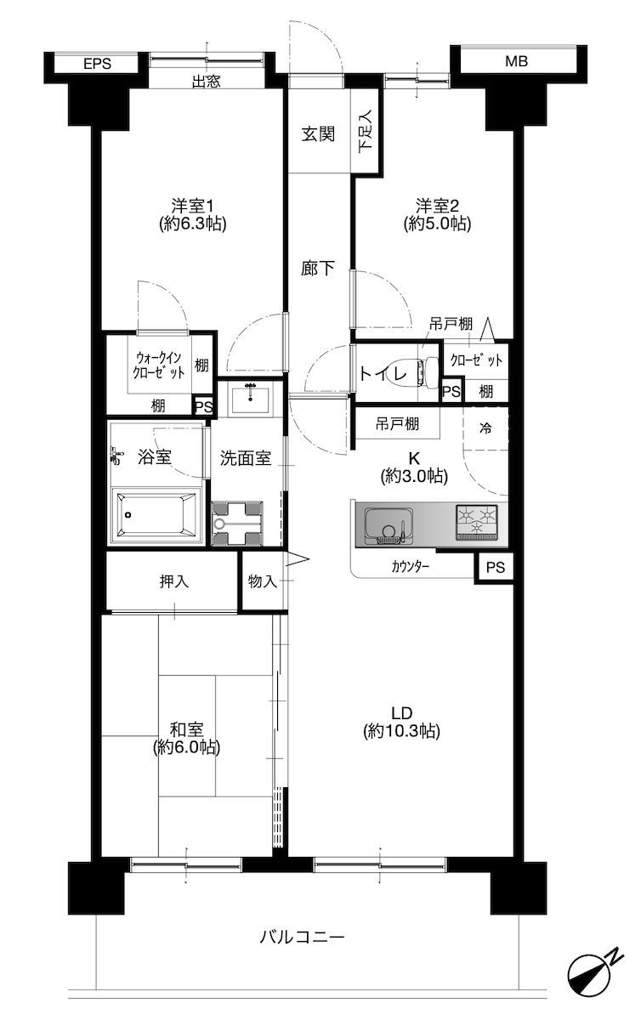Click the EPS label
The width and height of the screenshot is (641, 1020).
tap(97, 64)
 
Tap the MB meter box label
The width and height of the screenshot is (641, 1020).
tap(516, 61)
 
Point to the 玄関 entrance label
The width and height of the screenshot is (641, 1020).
tap(319, 134)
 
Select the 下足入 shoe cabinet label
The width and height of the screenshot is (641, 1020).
tap(366, 131)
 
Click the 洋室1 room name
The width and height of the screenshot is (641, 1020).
tap(193, 206)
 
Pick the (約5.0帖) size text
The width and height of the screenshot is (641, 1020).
tap(437, 224)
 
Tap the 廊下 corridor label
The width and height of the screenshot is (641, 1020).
tap(318, 269)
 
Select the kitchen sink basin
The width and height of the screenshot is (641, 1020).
tap(389, 525)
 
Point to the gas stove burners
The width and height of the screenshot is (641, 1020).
tap(477, 522)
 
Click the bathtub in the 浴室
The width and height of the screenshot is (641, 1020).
tap(156, 515)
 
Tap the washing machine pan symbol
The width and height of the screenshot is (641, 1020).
tap(237, 524)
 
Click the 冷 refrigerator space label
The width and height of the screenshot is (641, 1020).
tap(485, 428)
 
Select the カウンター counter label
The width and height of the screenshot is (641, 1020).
tap(410, 567)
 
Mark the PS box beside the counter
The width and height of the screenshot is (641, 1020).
tap(495, 567)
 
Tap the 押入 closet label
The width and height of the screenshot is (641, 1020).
tap(173, 581)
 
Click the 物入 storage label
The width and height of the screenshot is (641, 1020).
tap(263, 581)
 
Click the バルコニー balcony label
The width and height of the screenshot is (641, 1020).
tap(302, 937)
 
